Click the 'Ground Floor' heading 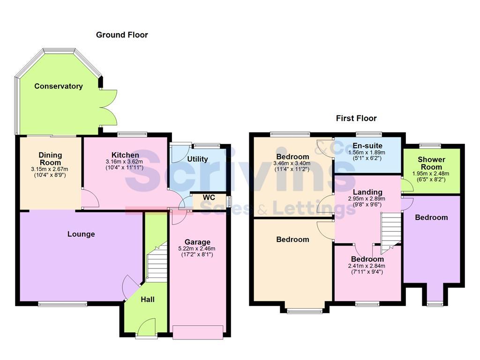(122, 35)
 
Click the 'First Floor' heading (356, 118)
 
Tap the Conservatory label (58, 86)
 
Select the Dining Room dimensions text (49, 172)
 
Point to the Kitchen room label (125, 155)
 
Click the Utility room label (197, 159)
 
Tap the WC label (209, 197)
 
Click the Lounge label (81, 234)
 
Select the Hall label (148, 300)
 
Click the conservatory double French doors (108, 107)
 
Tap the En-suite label (367, 146)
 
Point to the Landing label (367, 192)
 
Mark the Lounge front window (63, 304)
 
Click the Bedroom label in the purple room (431, 217)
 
